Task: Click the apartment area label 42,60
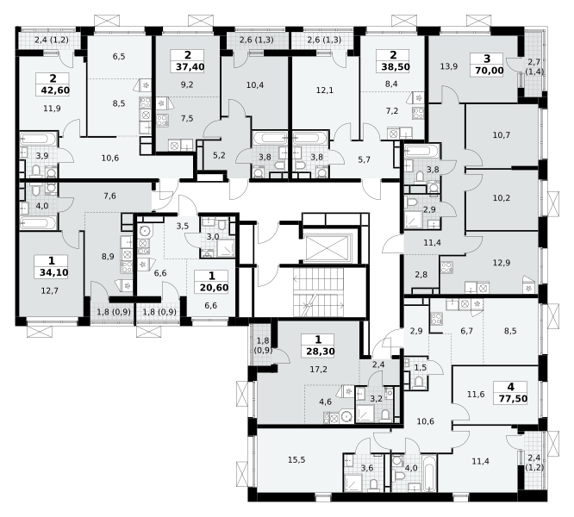[53, 90]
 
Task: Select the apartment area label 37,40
[188, 67]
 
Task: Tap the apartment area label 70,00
[488, 71]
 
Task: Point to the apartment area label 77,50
[512, 398]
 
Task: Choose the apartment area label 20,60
[213, 288]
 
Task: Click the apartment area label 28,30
[319, 352]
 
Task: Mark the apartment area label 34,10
[52, 272]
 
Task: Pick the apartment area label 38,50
[394, 67]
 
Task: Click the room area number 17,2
[319, 370]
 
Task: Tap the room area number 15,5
[296, 460]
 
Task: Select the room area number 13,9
[449, 66]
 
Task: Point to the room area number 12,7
[50, 291]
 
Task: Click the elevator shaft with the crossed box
[328, 247]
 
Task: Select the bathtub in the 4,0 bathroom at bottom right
[430, 472]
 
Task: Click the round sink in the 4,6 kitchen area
[346, 416]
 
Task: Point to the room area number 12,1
[325, 90]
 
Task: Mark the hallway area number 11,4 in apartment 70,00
[432, 243]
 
